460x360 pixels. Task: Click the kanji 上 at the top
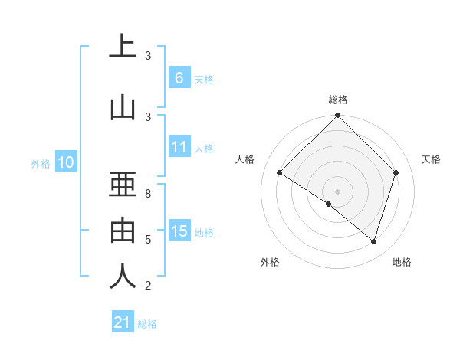pos(123,47)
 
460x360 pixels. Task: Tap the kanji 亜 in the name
pos(123,184)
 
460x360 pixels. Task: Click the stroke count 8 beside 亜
pos(148,194)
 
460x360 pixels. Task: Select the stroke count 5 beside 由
pos(148,240)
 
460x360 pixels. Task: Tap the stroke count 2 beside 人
pos(148,286)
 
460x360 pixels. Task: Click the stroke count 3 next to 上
pos(148,56)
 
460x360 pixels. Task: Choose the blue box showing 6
pos(179,78)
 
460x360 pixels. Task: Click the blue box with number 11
pos(179,147)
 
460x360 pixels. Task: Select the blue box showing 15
pos(179,231)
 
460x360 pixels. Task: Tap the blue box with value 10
pos(66,162)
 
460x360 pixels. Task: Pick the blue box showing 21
pos(123,322)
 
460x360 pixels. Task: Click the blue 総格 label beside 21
pos(147,324)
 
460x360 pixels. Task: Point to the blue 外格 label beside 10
pos(40,163)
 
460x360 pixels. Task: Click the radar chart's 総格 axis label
pos(337,100)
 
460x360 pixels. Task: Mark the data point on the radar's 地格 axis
pos(374,241)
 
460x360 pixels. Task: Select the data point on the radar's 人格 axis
pos(279,173)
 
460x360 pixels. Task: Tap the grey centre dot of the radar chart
pos(337,190)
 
